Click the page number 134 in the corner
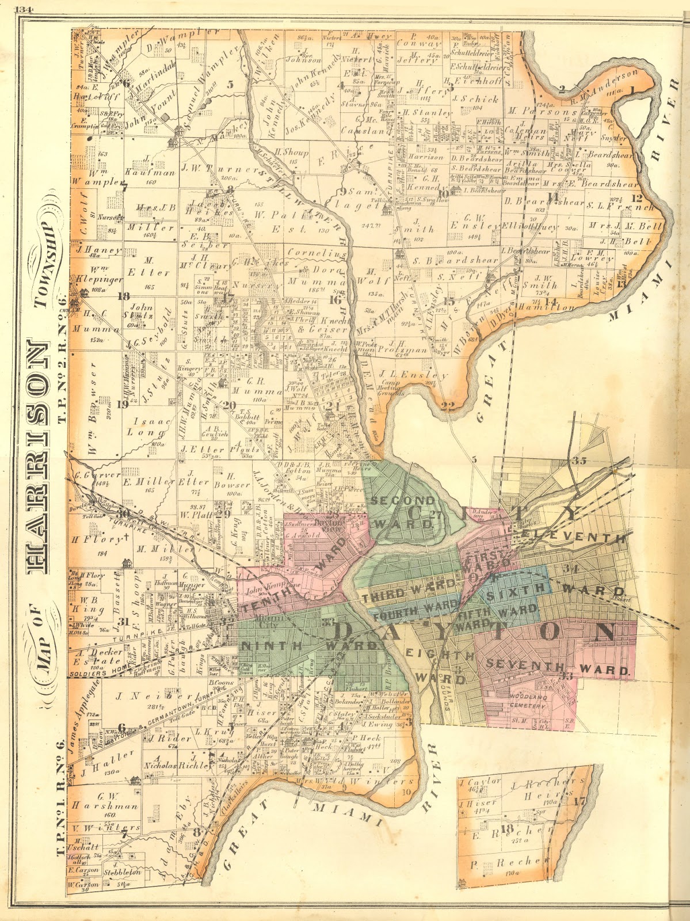coord(26,9)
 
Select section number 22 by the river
coord(448,406)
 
